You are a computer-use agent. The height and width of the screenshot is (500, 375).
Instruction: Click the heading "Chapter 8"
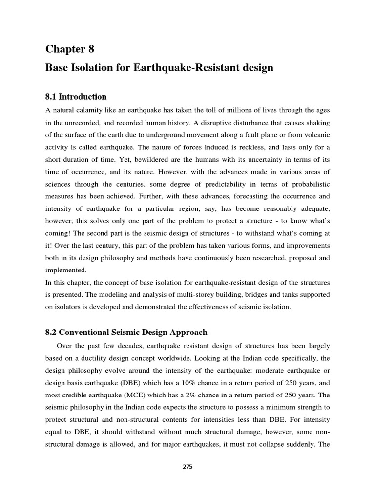[70, 49]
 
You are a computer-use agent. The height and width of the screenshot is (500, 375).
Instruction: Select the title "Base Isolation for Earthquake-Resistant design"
[159, 68]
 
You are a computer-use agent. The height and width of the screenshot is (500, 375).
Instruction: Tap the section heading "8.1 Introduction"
[76, 97]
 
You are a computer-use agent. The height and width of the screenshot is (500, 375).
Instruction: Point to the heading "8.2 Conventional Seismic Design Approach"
[126, 333]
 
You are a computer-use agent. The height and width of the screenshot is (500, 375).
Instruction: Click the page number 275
[187, 467]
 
